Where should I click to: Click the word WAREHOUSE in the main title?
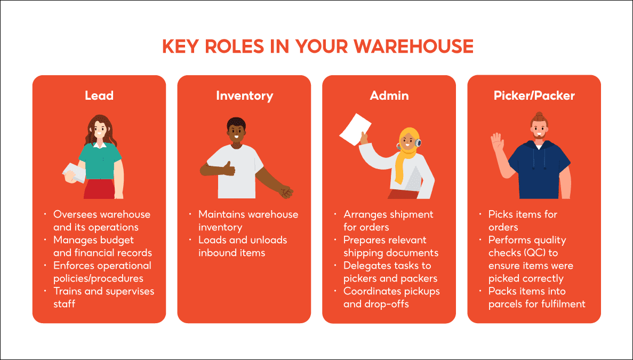(413, 46)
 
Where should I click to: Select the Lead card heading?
(99, 95)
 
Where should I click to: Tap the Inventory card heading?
(244, 95)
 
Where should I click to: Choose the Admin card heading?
(389, 95)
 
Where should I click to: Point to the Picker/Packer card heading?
(534, 95)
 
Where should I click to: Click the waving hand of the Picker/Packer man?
(498, 143)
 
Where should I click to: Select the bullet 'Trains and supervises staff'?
(103, 297)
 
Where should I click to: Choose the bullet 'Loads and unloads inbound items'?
(243, 246)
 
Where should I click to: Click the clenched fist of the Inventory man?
(287, 191)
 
